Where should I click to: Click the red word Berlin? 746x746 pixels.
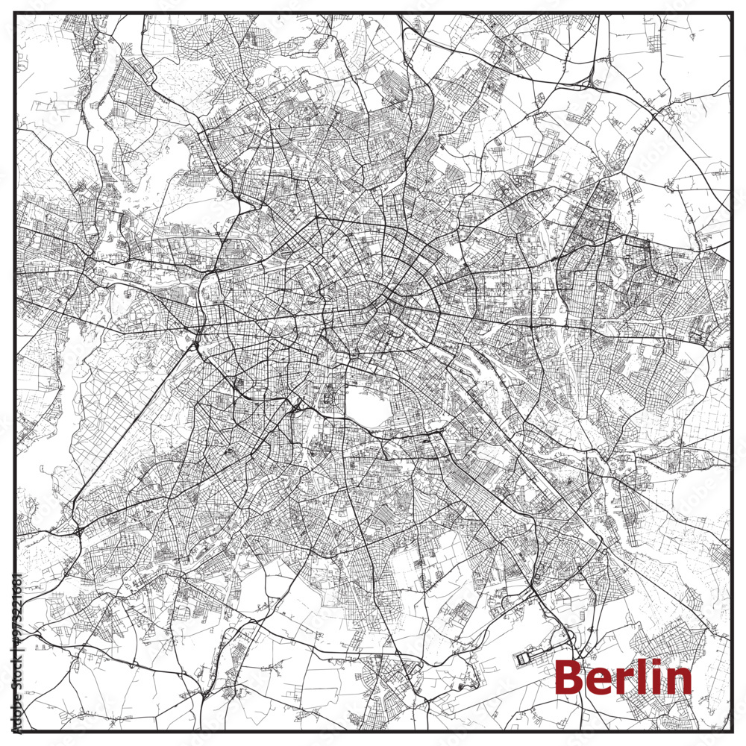coord(623,677)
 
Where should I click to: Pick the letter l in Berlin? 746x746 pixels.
coord(639,676)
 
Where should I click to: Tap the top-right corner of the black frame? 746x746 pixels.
coord(733,13)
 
